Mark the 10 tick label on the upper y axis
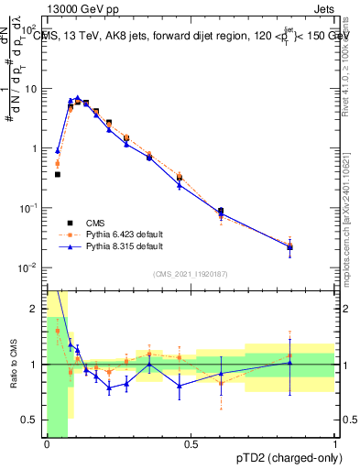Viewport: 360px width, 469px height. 32,89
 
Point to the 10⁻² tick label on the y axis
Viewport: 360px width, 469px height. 30,267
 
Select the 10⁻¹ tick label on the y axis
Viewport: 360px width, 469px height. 30,208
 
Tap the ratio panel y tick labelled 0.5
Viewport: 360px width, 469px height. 34,420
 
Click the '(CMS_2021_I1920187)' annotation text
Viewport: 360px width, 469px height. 191,273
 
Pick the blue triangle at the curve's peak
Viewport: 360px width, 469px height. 78,97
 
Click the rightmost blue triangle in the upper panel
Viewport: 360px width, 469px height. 290,246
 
